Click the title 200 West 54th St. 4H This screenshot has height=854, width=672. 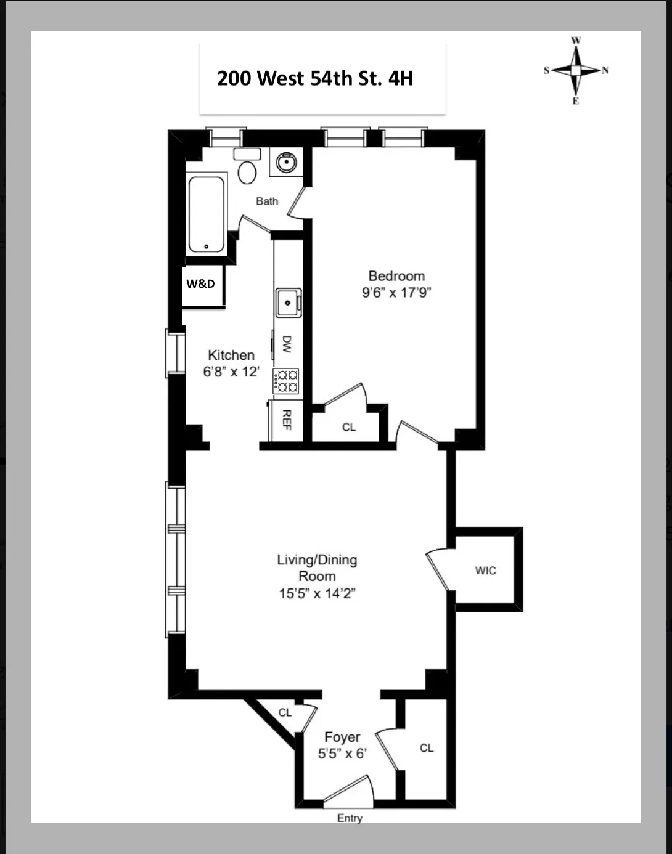coord(315,79)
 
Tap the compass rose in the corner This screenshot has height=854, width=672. coord(576,71)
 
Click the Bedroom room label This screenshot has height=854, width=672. coord(396,276)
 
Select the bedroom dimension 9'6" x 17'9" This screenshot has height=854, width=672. coord(396,292)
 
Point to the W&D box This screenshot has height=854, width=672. coord(202,284)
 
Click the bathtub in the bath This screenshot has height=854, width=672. coord(206,214)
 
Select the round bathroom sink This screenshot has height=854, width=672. coord(286,163)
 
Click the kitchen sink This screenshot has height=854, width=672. coord(287,303)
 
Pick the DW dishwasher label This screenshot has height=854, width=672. coord(287,344)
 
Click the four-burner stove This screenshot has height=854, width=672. coord(286,381)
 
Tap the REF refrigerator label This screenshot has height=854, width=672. coord(287,420)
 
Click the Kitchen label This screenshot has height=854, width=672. coord(231,356)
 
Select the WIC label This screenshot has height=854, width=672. coord(486,571)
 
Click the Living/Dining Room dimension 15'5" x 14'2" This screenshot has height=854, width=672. coord(317,593)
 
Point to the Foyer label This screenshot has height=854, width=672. coord(342,737)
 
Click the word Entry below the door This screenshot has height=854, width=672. coord(350,818)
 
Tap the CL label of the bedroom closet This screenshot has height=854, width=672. coord(349,427)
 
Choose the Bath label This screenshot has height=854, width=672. coord(267,201)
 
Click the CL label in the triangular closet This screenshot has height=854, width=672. coord(285,713)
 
